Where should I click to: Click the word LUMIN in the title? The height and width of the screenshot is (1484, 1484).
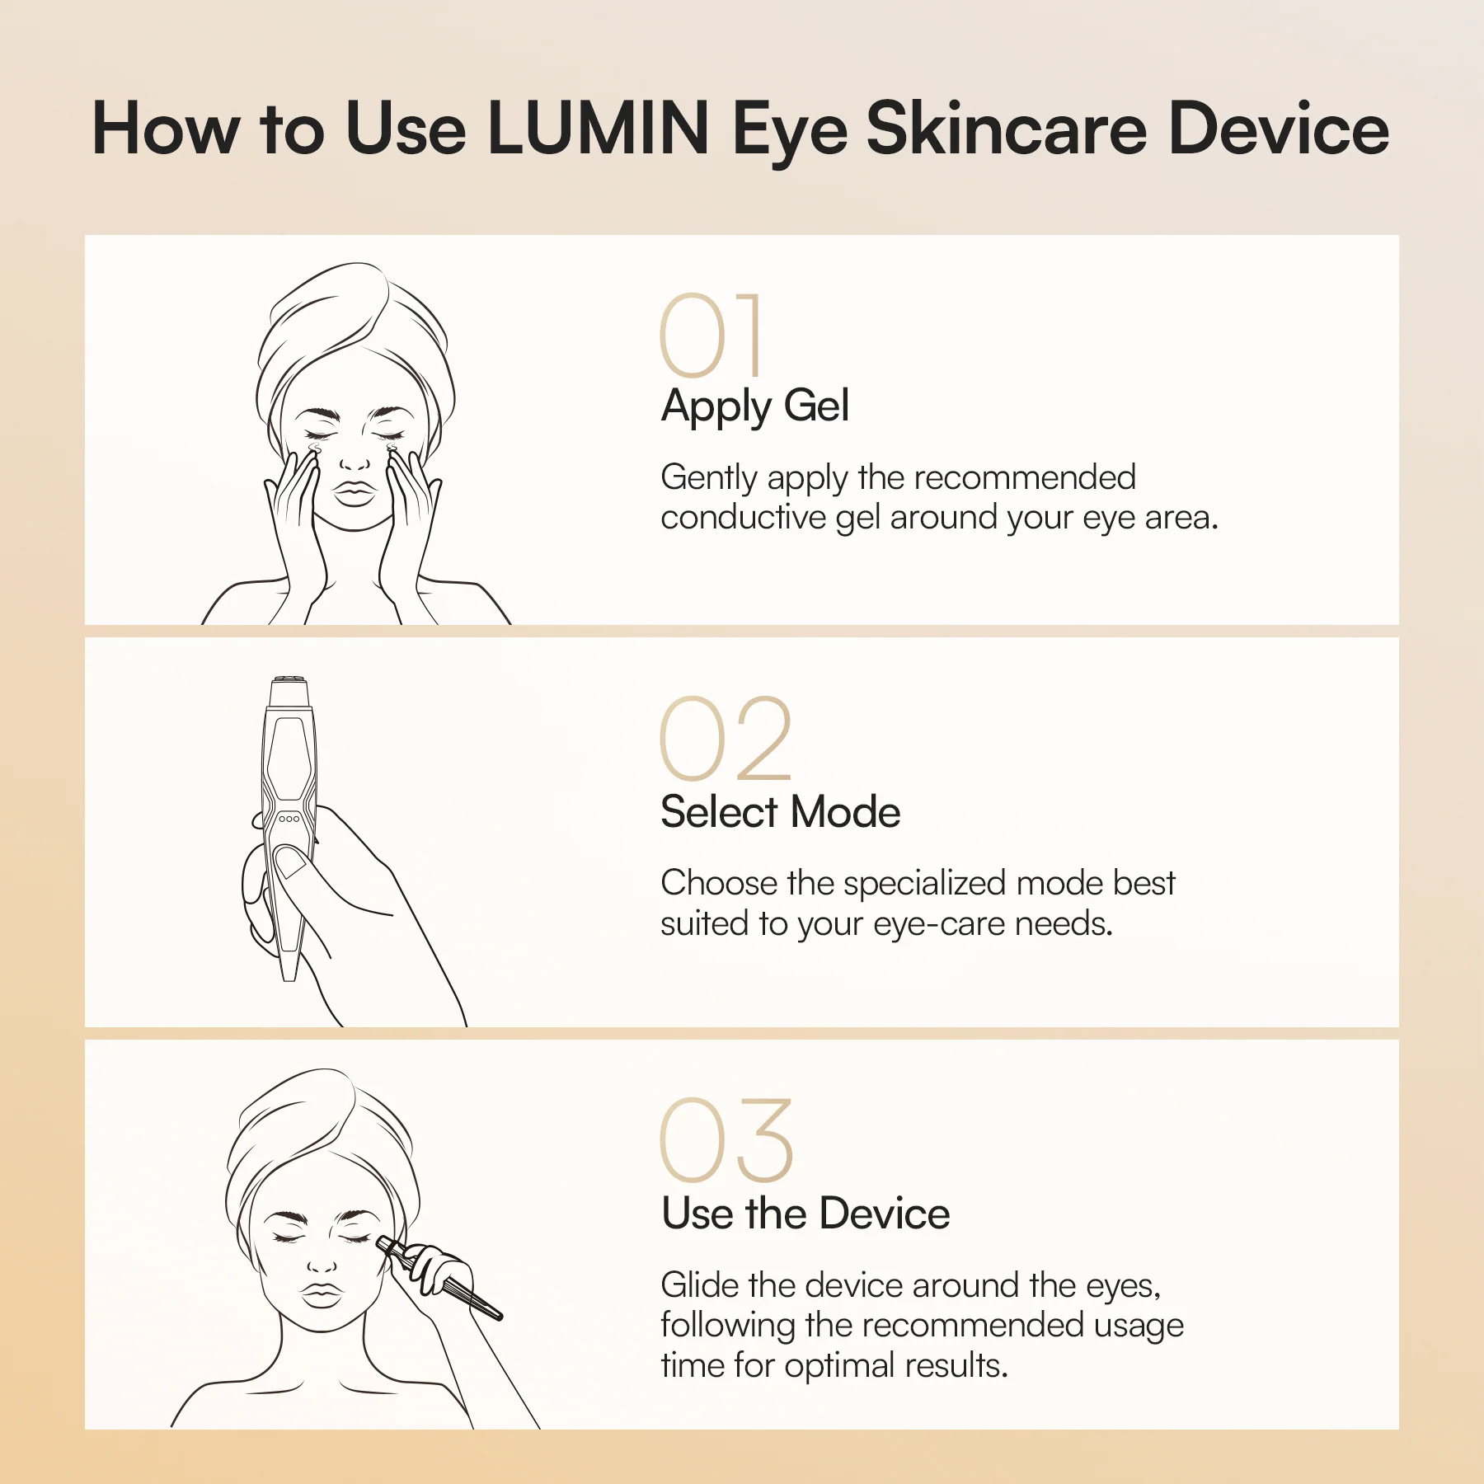[598, 129]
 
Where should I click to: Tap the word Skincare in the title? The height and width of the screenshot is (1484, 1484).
[1006, 129]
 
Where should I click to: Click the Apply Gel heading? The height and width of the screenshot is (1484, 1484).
[754, 406]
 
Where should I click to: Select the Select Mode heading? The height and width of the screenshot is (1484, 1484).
[780, 812]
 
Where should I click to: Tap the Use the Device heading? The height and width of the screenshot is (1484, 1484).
[805, 1214]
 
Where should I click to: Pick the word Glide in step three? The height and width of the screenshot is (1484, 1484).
[700, 1285]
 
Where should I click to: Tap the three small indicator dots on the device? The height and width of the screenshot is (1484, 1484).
[289, 819]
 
